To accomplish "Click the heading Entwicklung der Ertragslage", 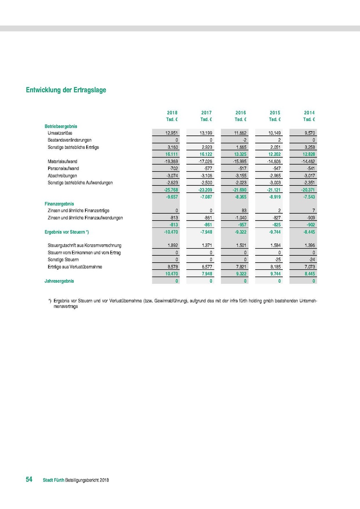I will (x=66, y=90).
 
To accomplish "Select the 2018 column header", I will (x=172, y=113).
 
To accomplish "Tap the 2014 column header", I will (x=309, y=113).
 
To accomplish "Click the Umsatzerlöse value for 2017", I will (x=206, y=133).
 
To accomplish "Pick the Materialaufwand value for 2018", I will (x=172, y=162).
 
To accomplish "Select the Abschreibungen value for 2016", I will (x=240, y=176).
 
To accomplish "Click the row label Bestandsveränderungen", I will (x=70, y=140).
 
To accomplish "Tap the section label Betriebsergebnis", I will (x=61, y=126).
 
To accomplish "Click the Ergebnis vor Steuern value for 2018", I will (x=171, y=232).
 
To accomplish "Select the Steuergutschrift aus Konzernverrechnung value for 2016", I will (x=240, y=245).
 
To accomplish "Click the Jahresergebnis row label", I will (x=56, y=281).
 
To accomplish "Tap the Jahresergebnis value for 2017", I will (x=210, y=281).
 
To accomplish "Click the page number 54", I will (x=29, y=479).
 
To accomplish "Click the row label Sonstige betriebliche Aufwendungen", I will (x=80, y=182).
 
